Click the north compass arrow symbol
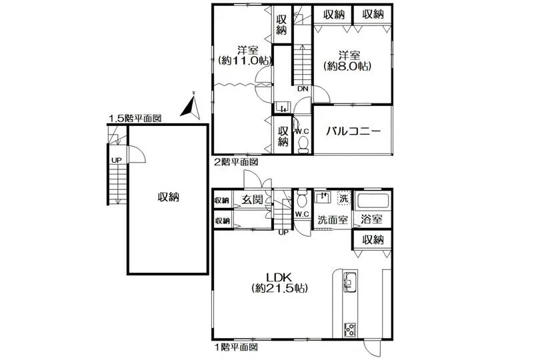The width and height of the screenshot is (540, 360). pyautogui.click(x=190, y=105)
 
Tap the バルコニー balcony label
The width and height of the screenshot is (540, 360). pyautogui.click(x=353, y=131)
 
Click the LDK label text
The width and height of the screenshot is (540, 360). pyautogui.click(x=279, y=277)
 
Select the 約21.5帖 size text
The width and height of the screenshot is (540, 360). pyautogui.click(x=279, y=289)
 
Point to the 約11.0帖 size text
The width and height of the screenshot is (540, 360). pyautogui.click(x=245, y=61)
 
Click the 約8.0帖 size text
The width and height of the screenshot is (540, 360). pyautogui.click(x=348, y=66)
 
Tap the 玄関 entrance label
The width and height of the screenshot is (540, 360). pyautogui.click(x=252, y=199)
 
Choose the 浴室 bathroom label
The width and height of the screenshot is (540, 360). pyautogui.click(x=371, y=219)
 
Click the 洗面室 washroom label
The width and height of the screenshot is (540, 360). pyautogui.click(x=333, y=220)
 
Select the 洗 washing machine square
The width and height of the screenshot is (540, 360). pyautogui.click(x=344, y=199)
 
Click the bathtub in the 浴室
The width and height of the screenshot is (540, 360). pyautogui.click(x=373, y=201)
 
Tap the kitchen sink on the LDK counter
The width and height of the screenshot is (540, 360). pyautogui.click(x=350, y=281)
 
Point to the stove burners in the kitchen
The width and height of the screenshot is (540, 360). pyautogui.click(x=350, y=329)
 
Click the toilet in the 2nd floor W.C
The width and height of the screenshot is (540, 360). pyautogui.click(x=303, y=145)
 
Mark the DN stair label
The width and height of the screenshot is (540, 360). pyautogui.click(x=303, y=89)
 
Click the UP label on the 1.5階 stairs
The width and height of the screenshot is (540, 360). pyautogui.click(x=117, y=160)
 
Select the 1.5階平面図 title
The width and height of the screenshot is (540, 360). pyautogui.click(x=135, y=119)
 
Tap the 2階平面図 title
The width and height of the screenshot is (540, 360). pyautogui.click(x=236, y=161)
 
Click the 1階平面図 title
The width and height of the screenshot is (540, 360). pyautogui.click(x=236, y=347)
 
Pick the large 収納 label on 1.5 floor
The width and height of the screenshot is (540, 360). pyautogui.click(x=169, y=197)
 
